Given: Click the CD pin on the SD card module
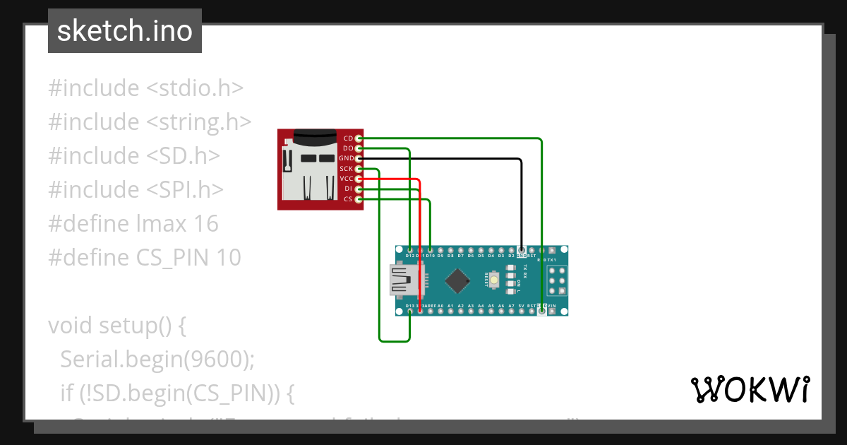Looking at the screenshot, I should point(359,138).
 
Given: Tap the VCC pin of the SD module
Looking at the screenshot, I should point(359,179).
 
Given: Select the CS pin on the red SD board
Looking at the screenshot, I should point(359,200).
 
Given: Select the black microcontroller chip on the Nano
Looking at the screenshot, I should point(458,281).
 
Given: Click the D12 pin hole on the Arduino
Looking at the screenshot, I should point(410,250).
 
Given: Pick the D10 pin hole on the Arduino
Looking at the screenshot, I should point(431,250).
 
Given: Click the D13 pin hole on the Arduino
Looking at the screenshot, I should point(410,311).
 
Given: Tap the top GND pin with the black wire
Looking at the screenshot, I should point(521,250).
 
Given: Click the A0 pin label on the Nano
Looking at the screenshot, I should point(440,306).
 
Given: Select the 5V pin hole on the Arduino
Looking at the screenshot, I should point(521,311).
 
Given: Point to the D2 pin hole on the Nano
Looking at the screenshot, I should point(511,250).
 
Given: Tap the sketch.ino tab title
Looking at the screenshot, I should point(125,31).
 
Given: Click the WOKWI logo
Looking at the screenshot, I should point(750,389).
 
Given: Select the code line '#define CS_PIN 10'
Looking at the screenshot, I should point(145,258).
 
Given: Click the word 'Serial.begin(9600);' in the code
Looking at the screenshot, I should point(157,360).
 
